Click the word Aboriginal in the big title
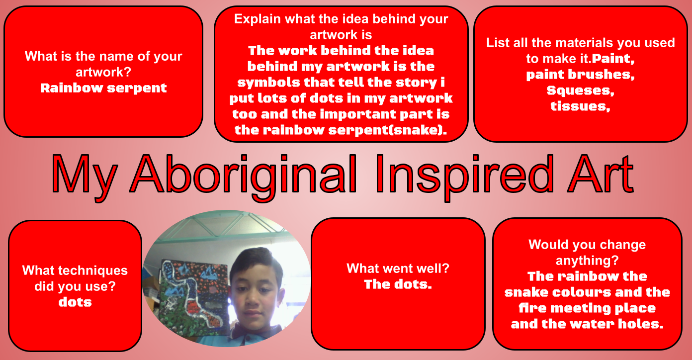(244, 177)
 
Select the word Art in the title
(601, 174)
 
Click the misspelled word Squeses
(581, 90)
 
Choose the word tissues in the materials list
(581, 106)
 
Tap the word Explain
(258, 19)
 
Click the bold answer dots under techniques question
(75, 302)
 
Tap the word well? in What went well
(433, 268)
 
